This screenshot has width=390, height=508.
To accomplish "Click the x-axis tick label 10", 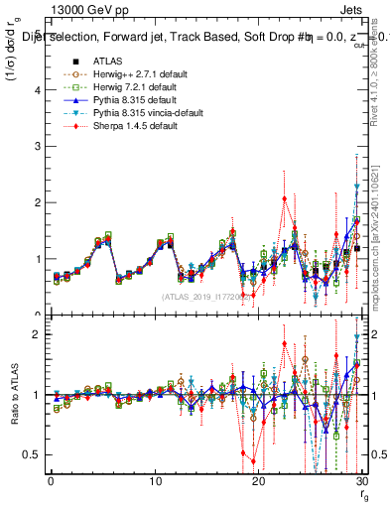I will [155, 481].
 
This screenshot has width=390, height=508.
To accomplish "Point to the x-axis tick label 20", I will [258, 481].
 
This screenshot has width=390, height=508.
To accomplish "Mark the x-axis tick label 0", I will [52, 481].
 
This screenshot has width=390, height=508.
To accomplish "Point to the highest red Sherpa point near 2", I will [284, 197].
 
